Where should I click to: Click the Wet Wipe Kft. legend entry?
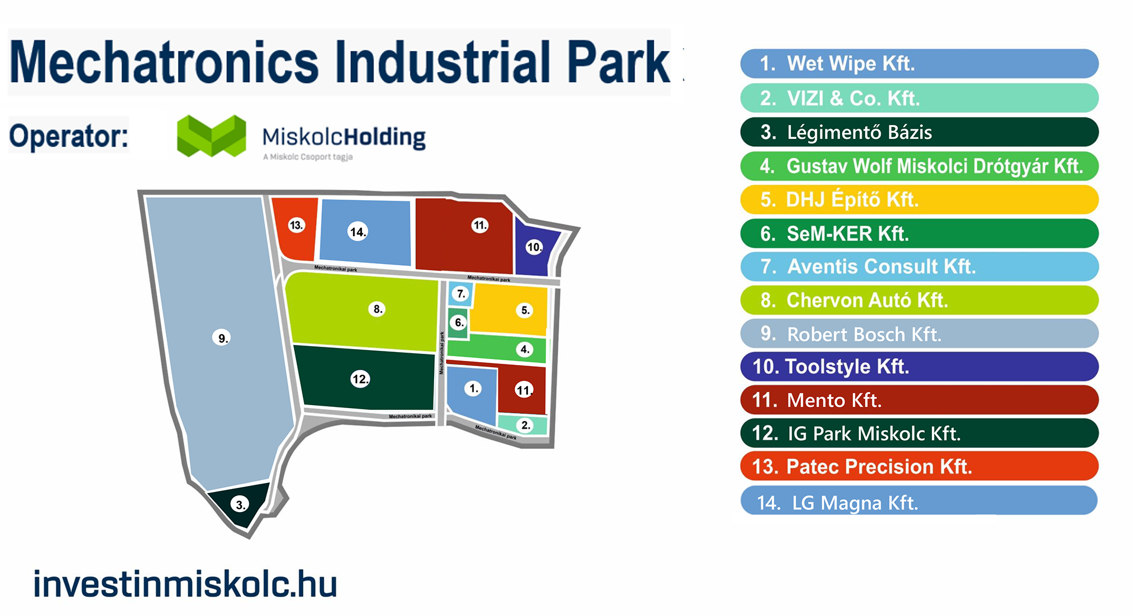(918, 64)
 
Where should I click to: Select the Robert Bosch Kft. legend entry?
(918, 334)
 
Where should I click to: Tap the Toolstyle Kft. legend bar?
(918, 367)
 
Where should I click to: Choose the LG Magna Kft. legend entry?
(918, 502)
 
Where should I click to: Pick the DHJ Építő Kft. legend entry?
(918, 200)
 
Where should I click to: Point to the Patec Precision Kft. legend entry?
(918, 467)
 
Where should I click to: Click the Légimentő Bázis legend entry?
(918, 132)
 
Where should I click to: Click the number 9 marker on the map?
(221, 338)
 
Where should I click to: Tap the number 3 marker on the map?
(240, 504)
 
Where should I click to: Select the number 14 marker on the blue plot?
(358, 232)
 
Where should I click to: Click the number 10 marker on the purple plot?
(534, 247)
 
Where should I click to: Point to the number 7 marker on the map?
(461, 294)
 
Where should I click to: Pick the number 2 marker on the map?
(525, 425)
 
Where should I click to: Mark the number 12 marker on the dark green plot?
(360, 379)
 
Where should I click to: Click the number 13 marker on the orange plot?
(296, 225)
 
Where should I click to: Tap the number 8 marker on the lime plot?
(377, 309)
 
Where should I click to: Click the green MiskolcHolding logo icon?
(211, 136)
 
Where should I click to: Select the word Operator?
(69, 136)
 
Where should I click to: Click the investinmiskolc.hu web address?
(185, 584)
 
